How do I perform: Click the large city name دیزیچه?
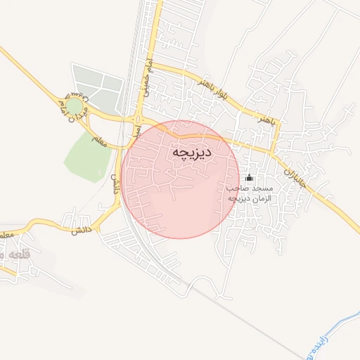[x=192, y=153]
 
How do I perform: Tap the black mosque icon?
[x=250, y=178]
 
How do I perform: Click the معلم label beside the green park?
[x=99, y=141]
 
